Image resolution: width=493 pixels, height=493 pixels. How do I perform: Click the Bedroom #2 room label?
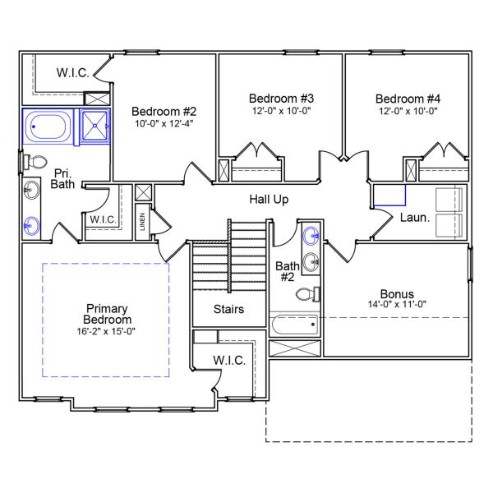pyautogui.click(x=164, y=111)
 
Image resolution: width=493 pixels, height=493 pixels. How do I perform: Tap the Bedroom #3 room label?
pyautogui.click(x=281, y=98)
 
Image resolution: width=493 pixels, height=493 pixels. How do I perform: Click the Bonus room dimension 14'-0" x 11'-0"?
pyautogui.click(x=397, y=305)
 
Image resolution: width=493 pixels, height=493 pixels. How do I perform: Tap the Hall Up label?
pyautogui.click(x=269, y=200)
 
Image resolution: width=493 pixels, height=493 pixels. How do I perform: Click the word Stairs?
pyautogui.click(x=228, y=310)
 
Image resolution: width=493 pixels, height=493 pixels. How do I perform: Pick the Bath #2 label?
pyautogui.click(x=286, y=271)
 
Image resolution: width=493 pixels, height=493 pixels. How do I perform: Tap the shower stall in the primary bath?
pyautogui.click(x=97, y=127)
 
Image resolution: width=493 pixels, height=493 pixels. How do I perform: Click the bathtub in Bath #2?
pyautogui.click(x=293, y=325)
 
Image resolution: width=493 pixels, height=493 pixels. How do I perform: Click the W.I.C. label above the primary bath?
pyautogui.click(x=72, y=72)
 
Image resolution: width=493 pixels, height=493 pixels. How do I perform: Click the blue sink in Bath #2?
pyautogui.click(x=311, y=237)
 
